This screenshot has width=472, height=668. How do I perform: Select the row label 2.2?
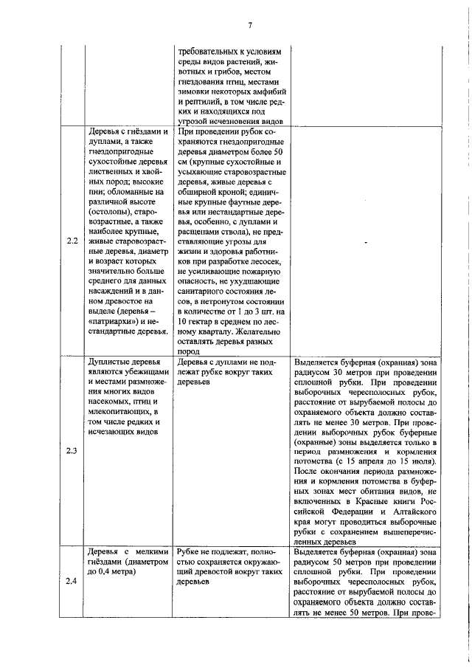click(72, 241)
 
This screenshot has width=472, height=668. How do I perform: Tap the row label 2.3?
click(72, 451)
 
